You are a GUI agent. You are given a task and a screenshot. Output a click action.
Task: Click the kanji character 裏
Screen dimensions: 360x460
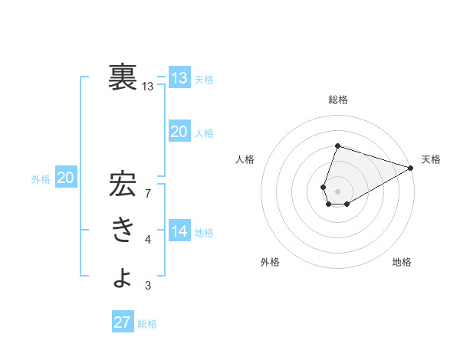pyautogui.click(x=123, y=77)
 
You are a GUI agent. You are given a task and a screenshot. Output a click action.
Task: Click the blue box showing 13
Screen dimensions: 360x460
pyautogui.click(x=179, y=78)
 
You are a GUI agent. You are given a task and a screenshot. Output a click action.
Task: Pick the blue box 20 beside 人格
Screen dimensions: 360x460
pyautogui.click(x=179, y=132)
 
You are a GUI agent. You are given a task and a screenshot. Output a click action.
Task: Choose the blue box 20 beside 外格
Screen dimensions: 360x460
pyautogui.click(x=66, y=178)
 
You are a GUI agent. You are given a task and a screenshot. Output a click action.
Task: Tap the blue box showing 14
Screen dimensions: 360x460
pyautogui.click(x=179, y=231)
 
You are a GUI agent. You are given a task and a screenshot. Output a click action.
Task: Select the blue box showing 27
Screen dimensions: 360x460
pyautogui.click(x=123, y=322)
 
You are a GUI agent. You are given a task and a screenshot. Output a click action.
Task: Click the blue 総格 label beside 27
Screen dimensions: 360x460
pyautogui.click(x=147, y=324)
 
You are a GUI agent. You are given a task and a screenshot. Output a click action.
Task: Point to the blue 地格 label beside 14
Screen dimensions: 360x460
pyautogui.click(x=205, y=233)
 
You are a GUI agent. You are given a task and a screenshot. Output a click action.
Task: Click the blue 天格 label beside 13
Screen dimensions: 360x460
pyautogui.click(x=205, y=80)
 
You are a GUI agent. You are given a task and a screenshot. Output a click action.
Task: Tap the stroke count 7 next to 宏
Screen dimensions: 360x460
pyautogui.click(x=148, y=193)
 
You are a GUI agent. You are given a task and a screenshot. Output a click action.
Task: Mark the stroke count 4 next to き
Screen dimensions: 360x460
pyautogui.click(x=148, y=240)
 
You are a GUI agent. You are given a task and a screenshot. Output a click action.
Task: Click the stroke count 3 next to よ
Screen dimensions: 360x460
pyautogui.click(x=148, y=286)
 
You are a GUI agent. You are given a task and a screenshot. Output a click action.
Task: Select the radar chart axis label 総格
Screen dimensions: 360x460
pyautogui.click(x=337, y=100)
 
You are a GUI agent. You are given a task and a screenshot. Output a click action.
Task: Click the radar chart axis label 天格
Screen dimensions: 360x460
pyautogui.click(x=431, y=159)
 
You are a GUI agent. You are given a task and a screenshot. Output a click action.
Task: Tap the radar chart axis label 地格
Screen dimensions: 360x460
pyautogui.click(x=402, y=262)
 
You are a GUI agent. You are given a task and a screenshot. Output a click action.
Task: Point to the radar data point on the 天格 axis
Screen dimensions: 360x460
pyautogui.click(x=411, y=168)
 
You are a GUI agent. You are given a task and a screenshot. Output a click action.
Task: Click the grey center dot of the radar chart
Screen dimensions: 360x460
pyautogui.click(x=337, y=191)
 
